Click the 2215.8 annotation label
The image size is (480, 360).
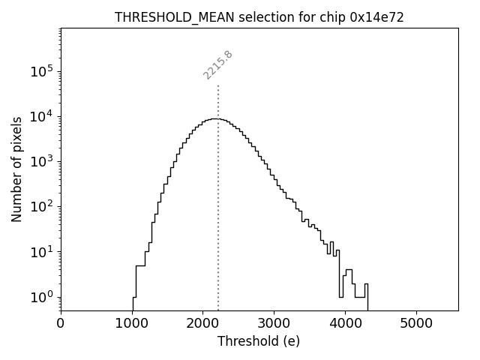coord(218,64)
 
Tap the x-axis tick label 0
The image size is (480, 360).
coord(61,323)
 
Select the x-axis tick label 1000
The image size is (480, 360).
coord(132,323)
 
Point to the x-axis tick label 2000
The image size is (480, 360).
coord(202,323)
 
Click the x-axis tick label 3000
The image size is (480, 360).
coord(274,323)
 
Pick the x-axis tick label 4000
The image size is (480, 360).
coord(345,323)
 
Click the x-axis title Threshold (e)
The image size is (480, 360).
coord(259,341)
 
